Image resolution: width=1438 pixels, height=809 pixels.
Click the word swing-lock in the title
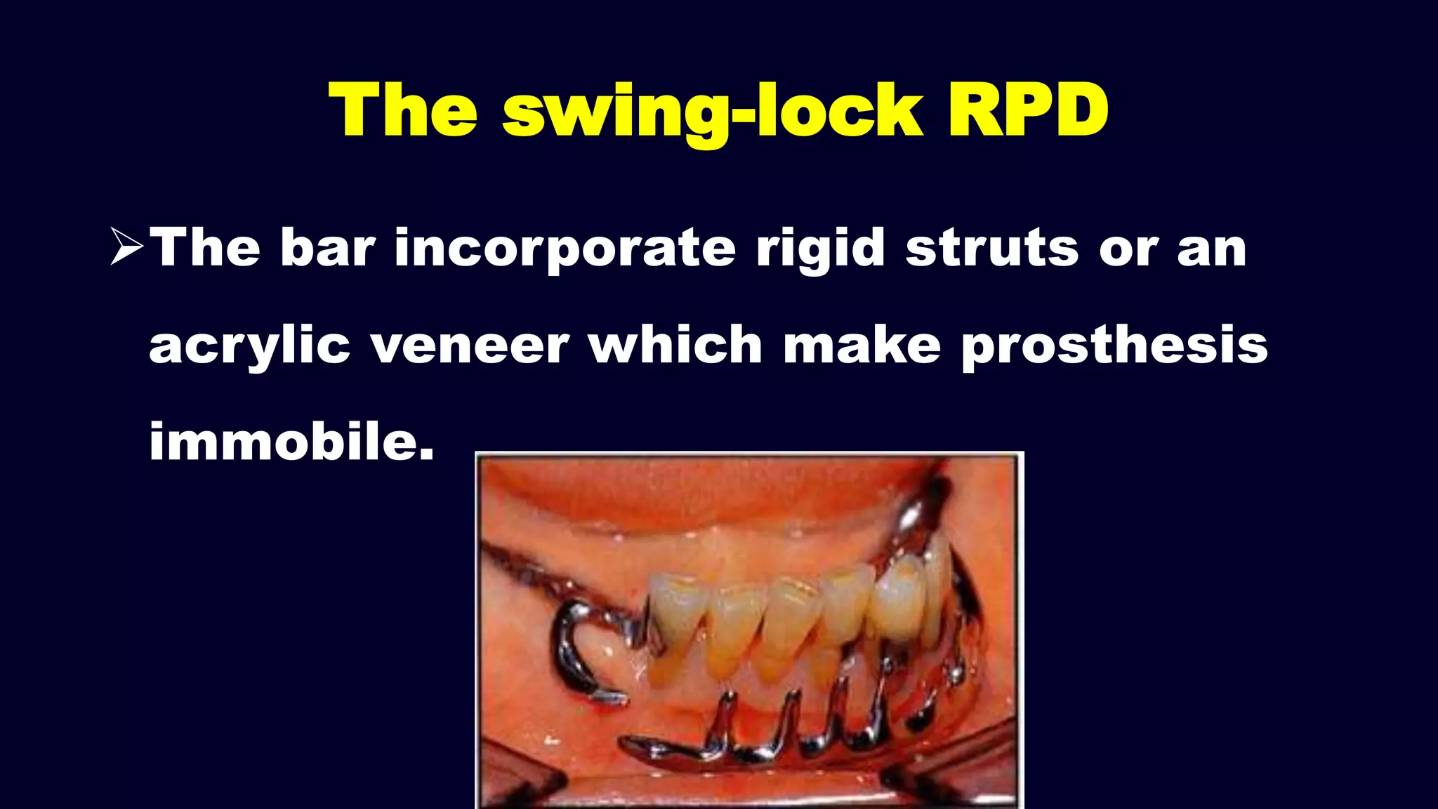[712, 112]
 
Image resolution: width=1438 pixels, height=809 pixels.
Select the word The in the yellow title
[403, 111]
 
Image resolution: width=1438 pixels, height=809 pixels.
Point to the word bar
[328, 247]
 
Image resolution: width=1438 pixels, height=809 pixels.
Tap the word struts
[991, 248]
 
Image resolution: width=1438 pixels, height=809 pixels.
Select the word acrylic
[249, 346]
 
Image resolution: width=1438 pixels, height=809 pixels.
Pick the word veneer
[470, 346]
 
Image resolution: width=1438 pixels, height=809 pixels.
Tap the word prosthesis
[1114, 346]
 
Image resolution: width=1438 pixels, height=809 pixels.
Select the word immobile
[291, 441]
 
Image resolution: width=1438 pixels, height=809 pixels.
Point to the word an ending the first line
[1211, 249]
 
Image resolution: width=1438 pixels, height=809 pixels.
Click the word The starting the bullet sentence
[205, 247]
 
